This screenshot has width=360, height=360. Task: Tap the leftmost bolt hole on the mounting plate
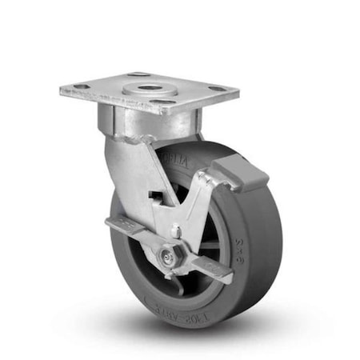point(77,89)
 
